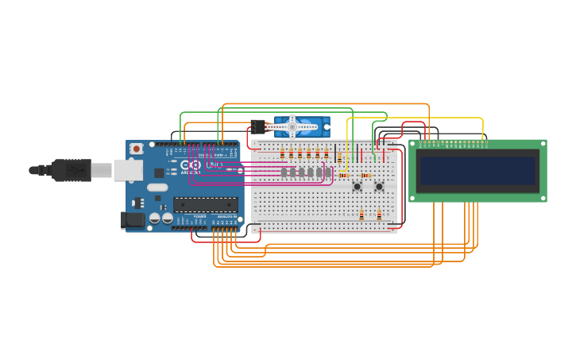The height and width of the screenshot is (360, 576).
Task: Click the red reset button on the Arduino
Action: pos(137,149)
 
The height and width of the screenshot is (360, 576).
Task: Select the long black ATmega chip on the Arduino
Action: pos(205,204)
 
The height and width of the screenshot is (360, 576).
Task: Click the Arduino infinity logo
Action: pos(195,164)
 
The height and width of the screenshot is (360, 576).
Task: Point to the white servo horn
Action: pos(293,126)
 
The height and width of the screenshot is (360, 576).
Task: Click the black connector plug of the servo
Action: pos(257,126)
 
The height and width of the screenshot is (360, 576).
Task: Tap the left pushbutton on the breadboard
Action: pos(358,186)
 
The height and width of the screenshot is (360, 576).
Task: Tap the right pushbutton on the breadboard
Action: pos(379,186)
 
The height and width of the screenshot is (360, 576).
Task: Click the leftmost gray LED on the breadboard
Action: pos(284,172)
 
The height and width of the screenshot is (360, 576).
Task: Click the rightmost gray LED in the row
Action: pos(327,172)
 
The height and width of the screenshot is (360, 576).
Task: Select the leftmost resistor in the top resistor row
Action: pos(282,154)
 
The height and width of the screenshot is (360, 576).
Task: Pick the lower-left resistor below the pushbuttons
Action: pos(361,215)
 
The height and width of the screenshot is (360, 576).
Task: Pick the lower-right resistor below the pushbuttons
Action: pos(379,215)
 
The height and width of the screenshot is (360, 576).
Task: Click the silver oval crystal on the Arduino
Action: pos(157,188)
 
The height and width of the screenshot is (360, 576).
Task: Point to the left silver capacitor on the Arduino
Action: pos(155,217)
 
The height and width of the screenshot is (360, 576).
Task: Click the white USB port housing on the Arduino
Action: pos(127,169)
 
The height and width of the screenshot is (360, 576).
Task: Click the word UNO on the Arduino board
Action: pos(214,165)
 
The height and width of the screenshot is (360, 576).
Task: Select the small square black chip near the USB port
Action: pos(159,172)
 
